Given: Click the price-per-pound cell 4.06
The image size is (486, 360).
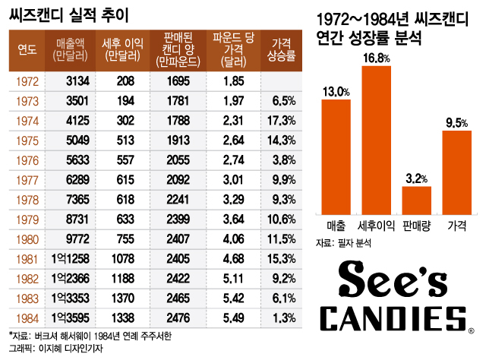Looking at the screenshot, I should click(x=228, y=238).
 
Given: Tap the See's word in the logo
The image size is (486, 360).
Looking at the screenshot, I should click(x=395, y=279).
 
